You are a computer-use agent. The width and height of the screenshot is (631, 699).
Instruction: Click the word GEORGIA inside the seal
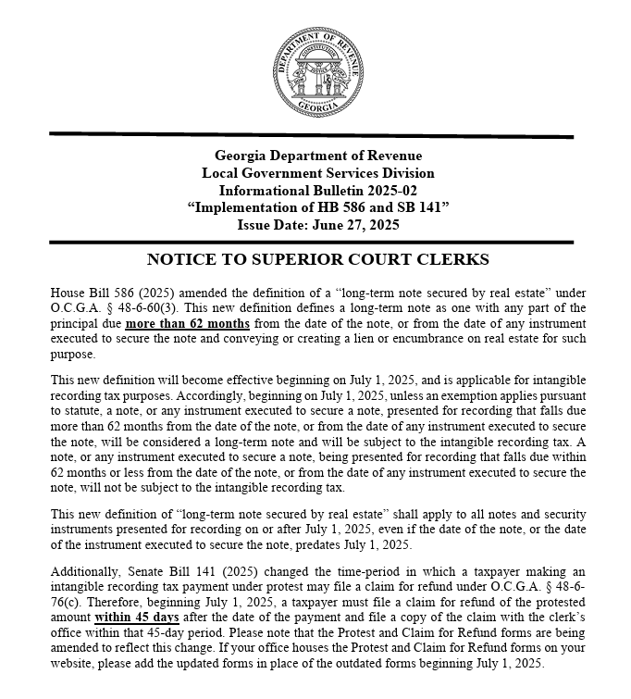pyautogui.click(x=317, y=107)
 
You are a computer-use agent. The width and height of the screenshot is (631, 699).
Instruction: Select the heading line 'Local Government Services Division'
pyautogui.click(x=317, y=173)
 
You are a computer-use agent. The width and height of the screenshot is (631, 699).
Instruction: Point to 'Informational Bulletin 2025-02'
pyautogui.click(x=317, y=190)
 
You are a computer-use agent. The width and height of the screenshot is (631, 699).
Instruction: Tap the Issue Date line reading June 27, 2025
pyautogui.click(x=317, y=224)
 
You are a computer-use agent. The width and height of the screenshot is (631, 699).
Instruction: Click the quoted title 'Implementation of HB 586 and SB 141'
pyautogui.click(x=317, y=207)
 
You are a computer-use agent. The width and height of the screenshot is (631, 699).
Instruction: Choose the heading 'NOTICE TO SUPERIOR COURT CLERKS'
pyautogui.click(x=317, y=259)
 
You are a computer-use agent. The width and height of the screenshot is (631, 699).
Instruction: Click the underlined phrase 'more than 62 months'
pyautogui.click(x=188, y=323)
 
